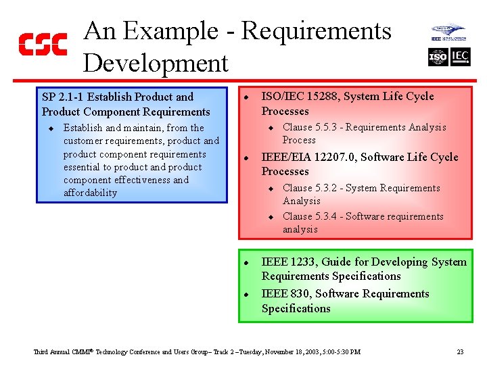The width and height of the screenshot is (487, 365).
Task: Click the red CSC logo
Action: pyautogui.click(x=42, y=45)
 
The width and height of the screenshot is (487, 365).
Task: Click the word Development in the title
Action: pyautogui.click(x=156, y=63)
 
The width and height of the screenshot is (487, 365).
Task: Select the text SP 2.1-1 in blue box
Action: pyautogui.click(x=64, y=97)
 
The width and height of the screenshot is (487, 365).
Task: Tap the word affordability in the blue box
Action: pyautogui.click(x=90, y=193)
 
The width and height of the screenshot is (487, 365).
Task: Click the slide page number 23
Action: pyautogui.click(x=460, y=351)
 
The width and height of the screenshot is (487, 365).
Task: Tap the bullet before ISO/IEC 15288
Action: pyautogui.click(x=248, y=97)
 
